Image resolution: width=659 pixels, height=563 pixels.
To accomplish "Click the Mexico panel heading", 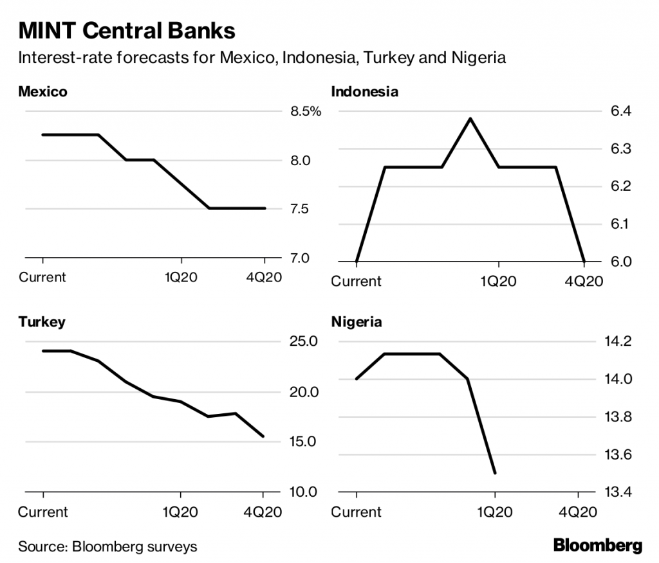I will [42, 92].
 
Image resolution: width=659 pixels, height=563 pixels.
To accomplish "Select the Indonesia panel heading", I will [364, 92].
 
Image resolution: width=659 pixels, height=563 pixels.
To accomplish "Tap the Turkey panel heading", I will [42, 322].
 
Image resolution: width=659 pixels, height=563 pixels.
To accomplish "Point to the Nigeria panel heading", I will [356, 322].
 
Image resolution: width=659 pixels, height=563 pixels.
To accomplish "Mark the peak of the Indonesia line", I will [470, 119].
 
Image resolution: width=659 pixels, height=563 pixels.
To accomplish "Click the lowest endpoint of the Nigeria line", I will [495, 473].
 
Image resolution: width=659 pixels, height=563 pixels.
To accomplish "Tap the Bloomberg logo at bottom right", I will [598, 546].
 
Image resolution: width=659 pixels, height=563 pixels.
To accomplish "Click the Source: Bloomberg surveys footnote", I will [107, 547].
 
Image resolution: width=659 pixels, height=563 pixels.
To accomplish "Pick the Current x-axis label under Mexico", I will [42, 278].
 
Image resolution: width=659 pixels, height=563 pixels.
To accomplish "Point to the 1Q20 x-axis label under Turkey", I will [180, 512].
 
